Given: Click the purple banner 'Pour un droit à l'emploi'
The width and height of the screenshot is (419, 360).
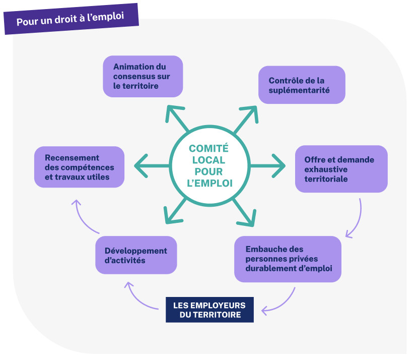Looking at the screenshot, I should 71,21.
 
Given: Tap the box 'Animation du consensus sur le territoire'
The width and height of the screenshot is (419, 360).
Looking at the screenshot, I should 143,76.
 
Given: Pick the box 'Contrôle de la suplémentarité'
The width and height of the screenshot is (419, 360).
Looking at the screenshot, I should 302,85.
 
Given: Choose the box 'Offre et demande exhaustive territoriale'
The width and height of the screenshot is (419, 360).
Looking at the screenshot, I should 341,169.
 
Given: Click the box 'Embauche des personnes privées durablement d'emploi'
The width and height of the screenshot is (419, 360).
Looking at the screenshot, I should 288,259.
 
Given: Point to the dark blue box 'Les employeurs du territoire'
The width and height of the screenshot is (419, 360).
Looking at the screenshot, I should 210,310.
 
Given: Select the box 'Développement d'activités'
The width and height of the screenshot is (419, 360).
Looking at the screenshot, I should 136,255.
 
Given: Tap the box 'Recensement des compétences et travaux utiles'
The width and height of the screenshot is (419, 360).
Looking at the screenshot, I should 79,167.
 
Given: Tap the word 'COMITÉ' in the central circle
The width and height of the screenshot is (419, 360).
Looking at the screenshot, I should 208,148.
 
